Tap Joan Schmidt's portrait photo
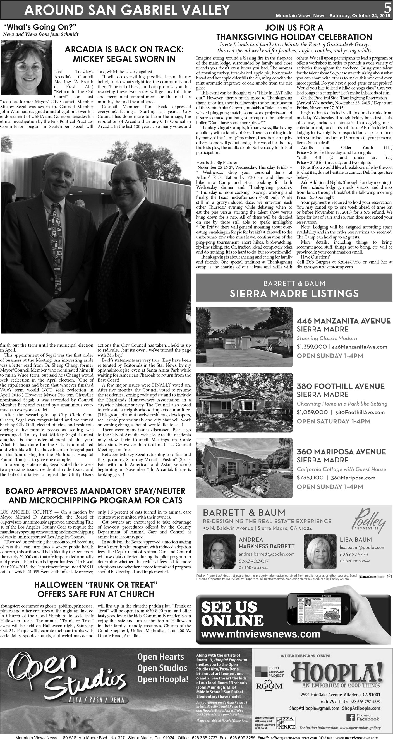point(27,68)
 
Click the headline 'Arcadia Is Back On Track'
point(124,54)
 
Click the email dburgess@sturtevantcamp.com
point(325,267)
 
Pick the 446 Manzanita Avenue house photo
point(244,337)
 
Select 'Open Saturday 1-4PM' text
point(334,421)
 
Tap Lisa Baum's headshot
point(320,551)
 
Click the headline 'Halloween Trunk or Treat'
point(96,589)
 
